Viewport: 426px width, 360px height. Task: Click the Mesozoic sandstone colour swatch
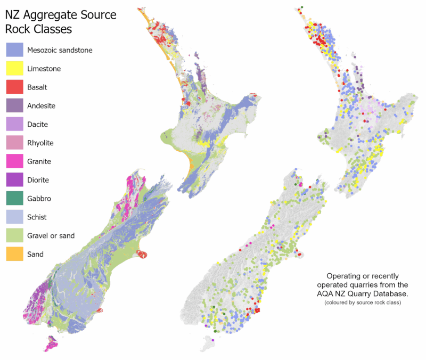14,50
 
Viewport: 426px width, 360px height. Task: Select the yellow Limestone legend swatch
14,69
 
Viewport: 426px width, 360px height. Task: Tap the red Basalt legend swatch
14,87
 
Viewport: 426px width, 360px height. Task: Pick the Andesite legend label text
41,106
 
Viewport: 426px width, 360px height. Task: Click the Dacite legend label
37,125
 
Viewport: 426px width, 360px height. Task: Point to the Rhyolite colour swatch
14,143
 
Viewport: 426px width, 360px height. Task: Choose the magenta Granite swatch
14,161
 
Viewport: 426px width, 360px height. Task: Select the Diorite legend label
38,180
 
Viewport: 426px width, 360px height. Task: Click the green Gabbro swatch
14,199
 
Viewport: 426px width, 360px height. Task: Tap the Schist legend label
37,217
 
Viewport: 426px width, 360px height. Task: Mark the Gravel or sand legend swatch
14,235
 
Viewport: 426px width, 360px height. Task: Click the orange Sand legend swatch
14,254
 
